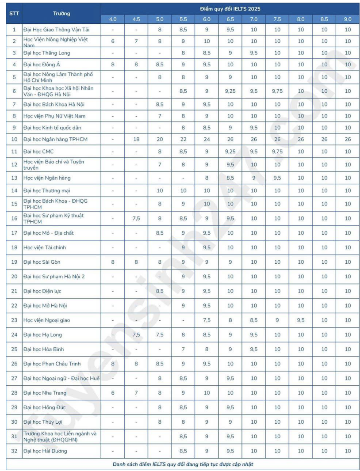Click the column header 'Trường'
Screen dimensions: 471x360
pyautogui.click(x=61, y=13)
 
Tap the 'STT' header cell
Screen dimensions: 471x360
pyautogui.click(x=14, y=13)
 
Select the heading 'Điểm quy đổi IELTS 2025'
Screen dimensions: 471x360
pyautogui.click(x=230, y=8)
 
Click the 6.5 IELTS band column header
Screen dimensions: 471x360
pyautogui.click(x=230, y=19)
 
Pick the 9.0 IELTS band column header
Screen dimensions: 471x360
pyautogui.click(x=348, y=19)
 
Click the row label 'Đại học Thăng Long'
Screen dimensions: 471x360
pyautogui.click(x=46, y=53)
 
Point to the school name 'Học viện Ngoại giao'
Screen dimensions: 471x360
pyautogui.click(x=47, y=320)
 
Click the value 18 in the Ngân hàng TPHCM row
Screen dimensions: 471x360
pyautogui.click(x=136, y=139)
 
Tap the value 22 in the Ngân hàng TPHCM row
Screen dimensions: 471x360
pyautogui.click(x=183, y=139)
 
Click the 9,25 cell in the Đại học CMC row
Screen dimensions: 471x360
pyautogui.click(x=230, y=151)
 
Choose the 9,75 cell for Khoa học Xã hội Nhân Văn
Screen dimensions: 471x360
pyautogui.click(x=277, y=91)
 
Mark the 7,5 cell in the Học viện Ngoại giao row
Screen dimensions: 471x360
pyautogui.click(x=207, y=320)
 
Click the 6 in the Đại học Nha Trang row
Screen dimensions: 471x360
pyautogui.click(x=113, y=393)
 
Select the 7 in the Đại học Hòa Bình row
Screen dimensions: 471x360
pyautogui.click(x=183, y=349)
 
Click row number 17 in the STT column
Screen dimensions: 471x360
pyautogui.click(x=14, y=233)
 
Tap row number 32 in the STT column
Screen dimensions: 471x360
pyautogui.click(x=14, y=451)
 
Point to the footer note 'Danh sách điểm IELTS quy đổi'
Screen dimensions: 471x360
pyautogui.click(x=183, y=464)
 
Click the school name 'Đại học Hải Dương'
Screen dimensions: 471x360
pyautogui.click(x=45, y=451)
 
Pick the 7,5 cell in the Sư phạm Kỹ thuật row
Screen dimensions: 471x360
pyautogui.click(x=136, y=218)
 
